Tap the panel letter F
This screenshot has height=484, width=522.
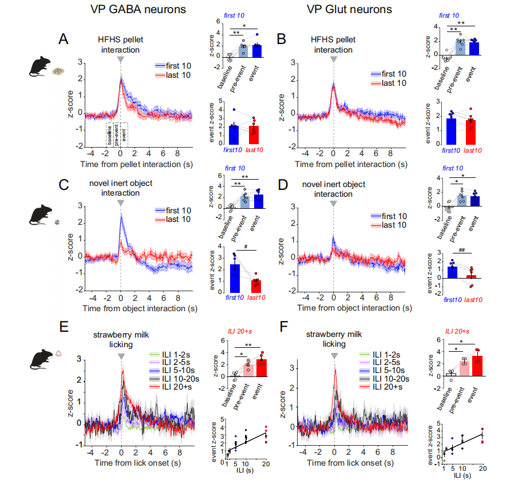point(281,327)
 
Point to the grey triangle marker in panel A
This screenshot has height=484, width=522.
point(120,59)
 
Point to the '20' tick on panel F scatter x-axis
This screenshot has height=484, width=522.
point(483,469)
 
